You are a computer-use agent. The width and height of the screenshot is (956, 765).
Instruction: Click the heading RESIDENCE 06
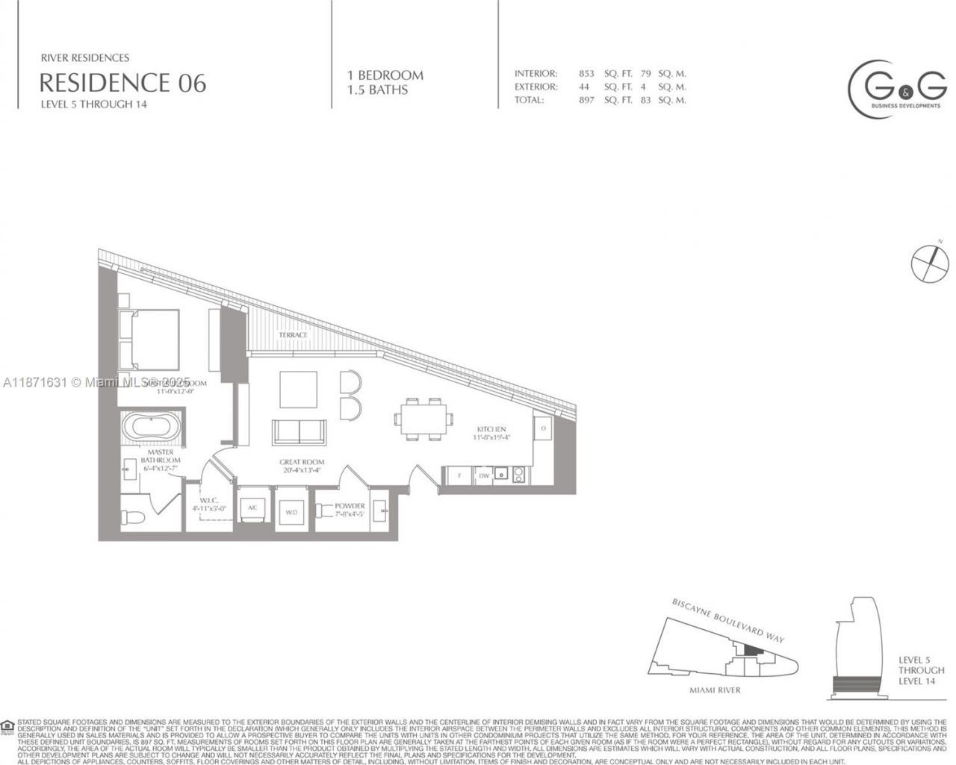pos(122,81)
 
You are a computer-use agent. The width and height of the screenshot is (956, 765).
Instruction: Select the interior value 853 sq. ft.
pos(586,74)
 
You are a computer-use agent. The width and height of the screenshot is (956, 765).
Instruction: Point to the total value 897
pos(586,100)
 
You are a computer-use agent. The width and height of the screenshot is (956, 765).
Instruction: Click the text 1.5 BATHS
pos(377,90)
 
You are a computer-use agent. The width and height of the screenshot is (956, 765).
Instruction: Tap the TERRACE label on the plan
pos(293,335)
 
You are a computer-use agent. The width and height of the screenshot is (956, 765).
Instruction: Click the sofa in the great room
pos(299,432)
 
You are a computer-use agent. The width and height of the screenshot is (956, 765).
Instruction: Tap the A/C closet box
pos(252,508)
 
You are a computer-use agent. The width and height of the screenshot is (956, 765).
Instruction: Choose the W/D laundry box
pos(291,511)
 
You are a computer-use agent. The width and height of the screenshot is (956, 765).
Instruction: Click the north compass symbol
pos(930,261)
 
